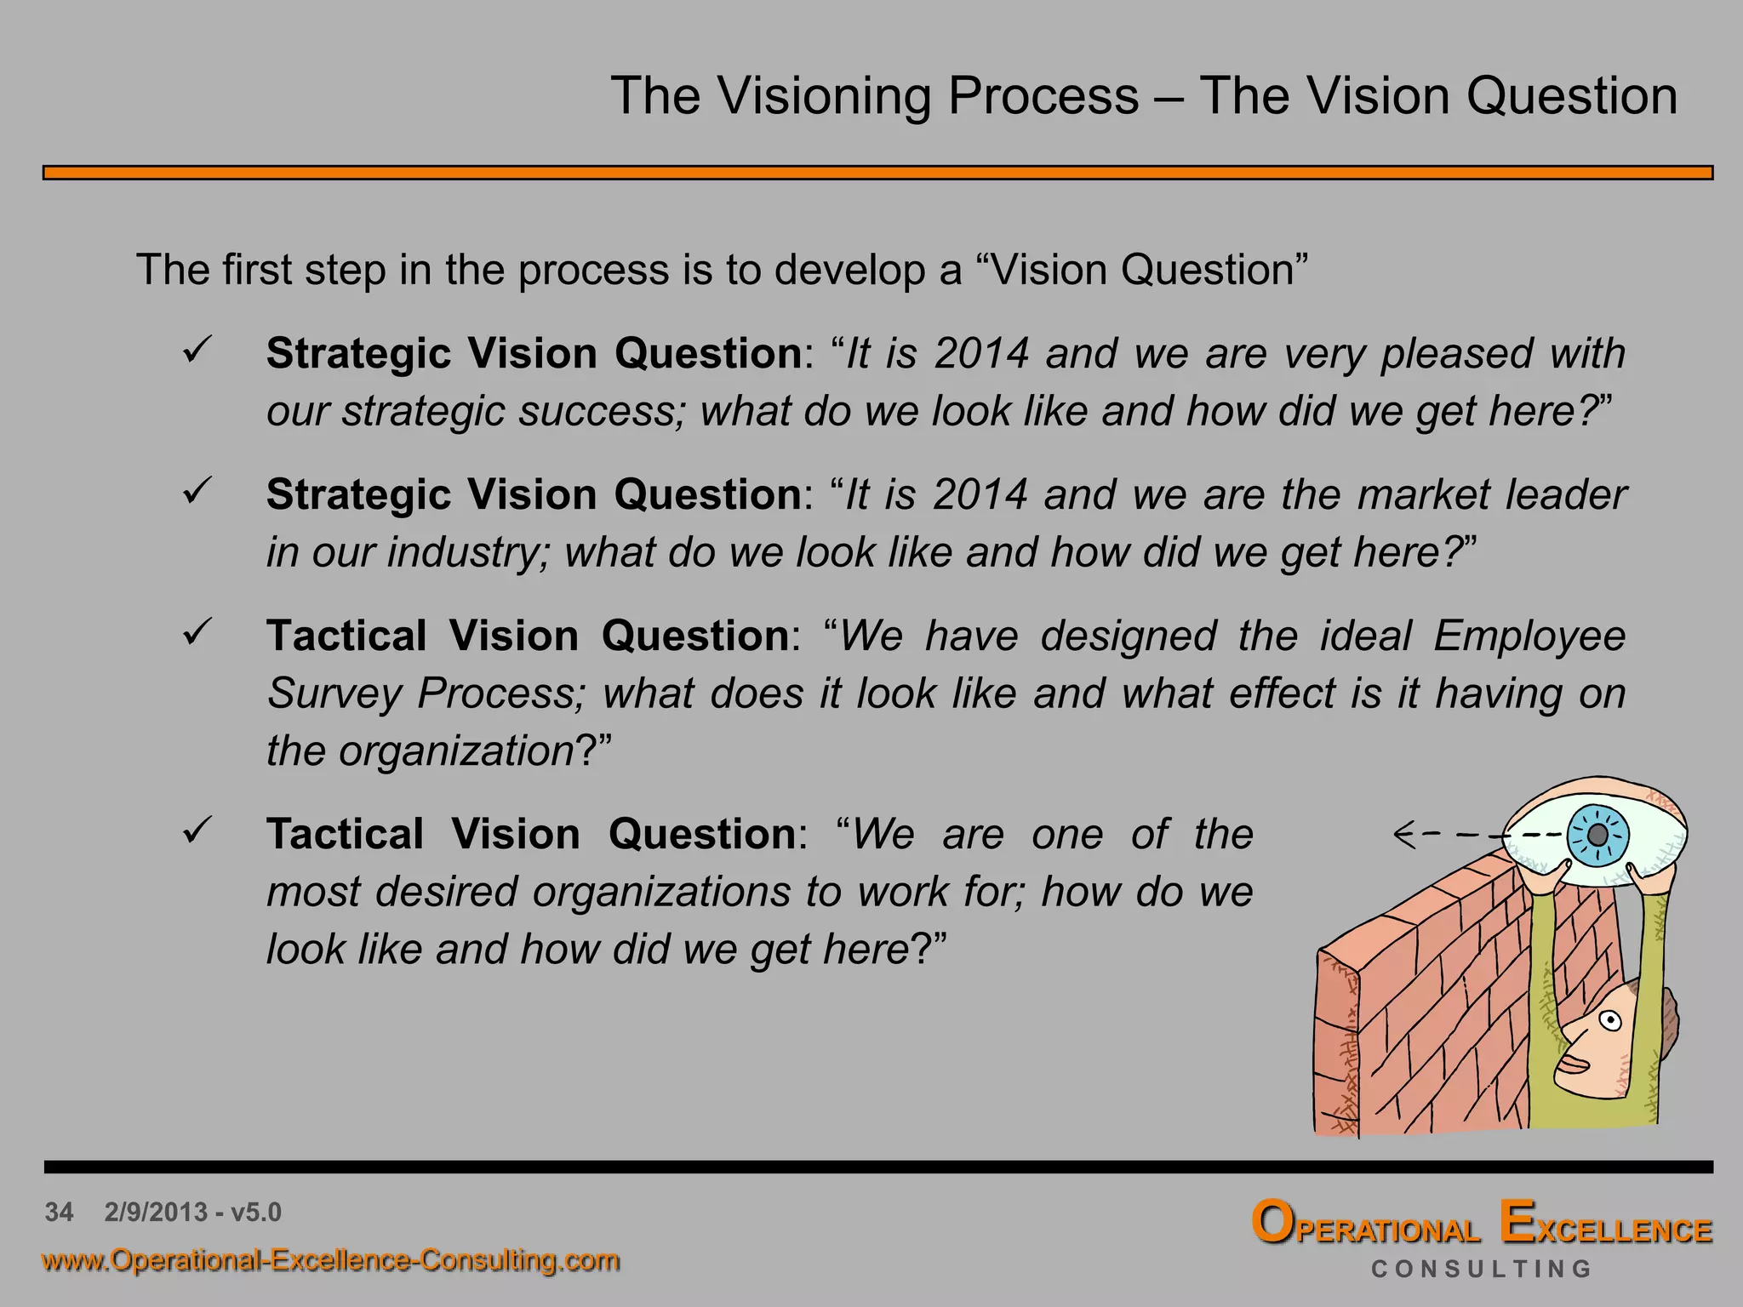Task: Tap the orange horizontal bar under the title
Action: (877, 173)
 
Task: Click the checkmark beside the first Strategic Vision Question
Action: (197, 350)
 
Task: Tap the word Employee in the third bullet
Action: (1529, 636)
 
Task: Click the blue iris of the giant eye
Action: (1597, 835)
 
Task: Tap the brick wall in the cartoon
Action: (1430, 1004)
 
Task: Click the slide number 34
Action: (59, 1212)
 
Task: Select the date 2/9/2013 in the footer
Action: (156, 1212)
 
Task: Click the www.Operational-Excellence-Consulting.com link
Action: (330, 1260)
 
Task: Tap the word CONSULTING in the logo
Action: (1481, 1270)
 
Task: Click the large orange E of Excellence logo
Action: (1517, 1223)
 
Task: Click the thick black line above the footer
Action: (877, 1167)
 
